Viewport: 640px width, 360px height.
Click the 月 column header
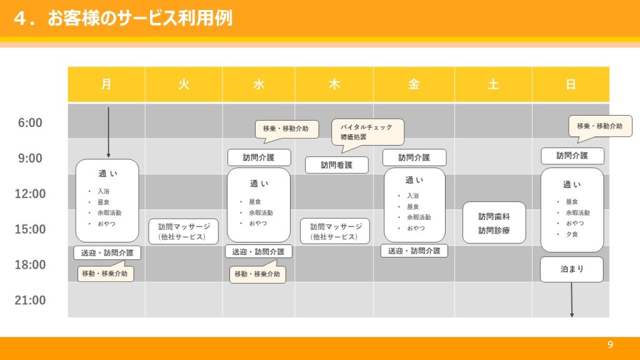tap(106, 84)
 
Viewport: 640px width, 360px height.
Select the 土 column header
tap(493, 84)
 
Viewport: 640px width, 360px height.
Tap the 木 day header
tap(334, 84)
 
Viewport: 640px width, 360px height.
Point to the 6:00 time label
tap(30, 122)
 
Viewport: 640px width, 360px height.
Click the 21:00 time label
tap(30, 300)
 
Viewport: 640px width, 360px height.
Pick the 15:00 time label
tap(30, 229)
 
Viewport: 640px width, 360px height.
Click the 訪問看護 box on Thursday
tap(337, 165)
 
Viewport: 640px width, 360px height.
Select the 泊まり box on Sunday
tap(571, 269)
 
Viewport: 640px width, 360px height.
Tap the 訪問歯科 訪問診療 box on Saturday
tap(494, 223)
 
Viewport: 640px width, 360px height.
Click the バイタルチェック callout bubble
tap(367, 132)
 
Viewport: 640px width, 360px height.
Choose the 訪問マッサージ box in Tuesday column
tap(184, 231)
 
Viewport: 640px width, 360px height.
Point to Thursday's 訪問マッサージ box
tap(335, 231)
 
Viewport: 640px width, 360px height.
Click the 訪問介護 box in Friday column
tap(414, 157)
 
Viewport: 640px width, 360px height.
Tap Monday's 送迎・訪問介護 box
tap(107, 252)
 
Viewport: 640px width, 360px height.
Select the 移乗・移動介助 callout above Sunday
tap(600, 126)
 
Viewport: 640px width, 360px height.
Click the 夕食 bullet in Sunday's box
tap(571, 234)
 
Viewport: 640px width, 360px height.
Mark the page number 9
tap(610, 344)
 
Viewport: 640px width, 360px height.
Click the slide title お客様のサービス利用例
tap(140, 18)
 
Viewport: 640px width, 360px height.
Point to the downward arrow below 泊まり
tap(572, 299)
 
